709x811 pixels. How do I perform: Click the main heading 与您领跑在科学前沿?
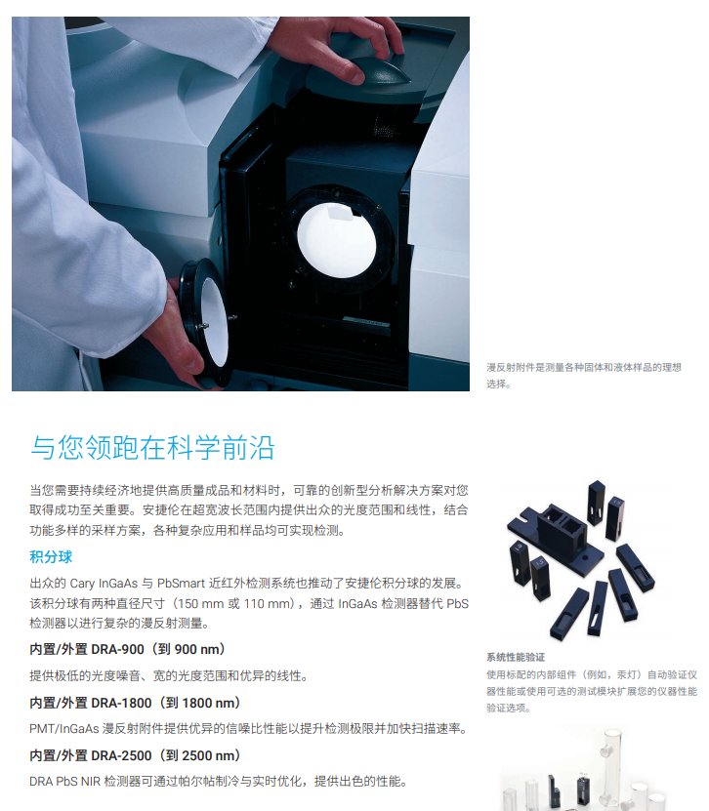click(152, 447)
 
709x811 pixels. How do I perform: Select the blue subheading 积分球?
click(51, 557)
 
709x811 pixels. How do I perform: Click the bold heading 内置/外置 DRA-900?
click(127, 649)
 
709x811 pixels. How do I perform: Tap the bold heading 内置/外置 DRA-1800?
click(135, 703)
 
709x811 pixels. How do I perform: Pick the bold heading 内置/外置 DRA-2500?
click(135, 755)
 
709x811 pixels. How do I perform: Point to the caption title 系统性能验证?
click(516, 657)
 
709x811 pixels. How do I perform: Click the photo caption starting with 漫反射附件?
click(583, 368)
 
